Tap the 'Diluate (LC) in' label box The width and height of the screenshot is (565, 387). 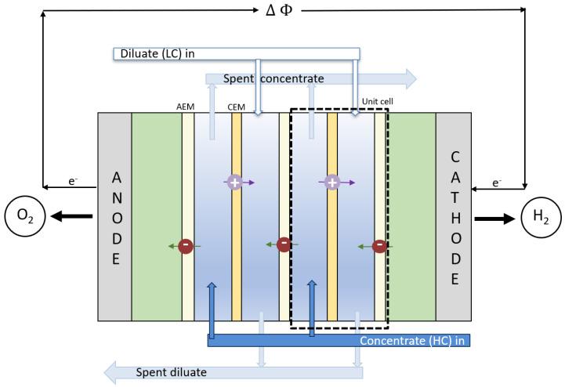(236, 53)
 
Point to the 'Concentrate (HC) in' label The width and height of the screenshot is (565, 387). (414, 341)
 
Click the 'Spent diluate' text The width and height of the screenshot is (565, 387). (172, 372)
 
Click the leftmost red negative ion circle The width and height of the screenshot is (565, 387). (186, 246)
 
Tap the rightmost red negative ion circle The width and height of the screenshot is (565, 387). (379, 247)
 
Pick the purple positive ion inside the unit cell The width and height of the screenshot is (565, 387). (331, 182)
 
